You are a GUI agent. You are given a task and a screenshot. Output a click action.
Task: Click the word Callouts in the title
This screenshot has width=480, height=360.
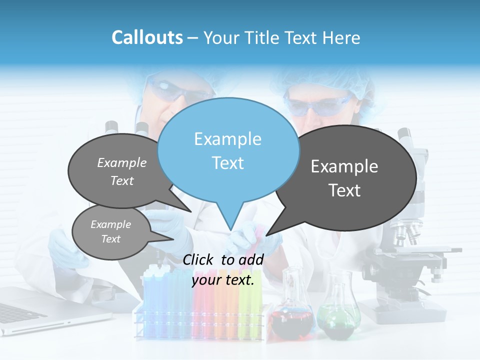coord(147,37)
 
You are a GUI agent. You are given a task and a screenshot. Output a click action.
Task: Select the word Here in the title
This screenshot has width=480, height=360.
coord(341,38)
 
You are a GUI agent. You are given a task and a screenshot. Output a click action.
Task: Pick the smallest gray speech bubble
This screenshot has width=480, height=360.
coord(110,231)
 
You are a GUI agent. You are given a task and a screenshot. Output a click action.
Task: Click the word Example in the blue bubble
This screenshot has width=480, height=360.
coord(227,139)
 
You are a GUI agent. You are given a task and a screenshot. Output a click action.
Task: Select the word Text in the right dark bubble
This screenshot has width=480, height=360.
coord(344,190)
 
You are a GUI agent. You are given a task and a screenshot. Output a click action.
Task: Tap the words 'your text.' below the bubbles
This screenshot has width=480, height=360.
coord(223,280)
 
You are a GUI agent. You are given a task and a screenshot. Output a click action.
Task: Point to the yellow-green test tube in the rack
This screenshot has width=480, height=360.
coord(244,305)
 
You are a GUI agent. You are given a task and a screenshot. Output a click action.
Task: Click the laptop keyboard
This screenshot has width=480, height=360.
coord(20,312)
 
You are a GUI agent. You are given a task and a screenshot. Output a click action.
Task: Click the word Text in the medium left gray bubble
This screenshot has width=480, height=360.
coord(122,180)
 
